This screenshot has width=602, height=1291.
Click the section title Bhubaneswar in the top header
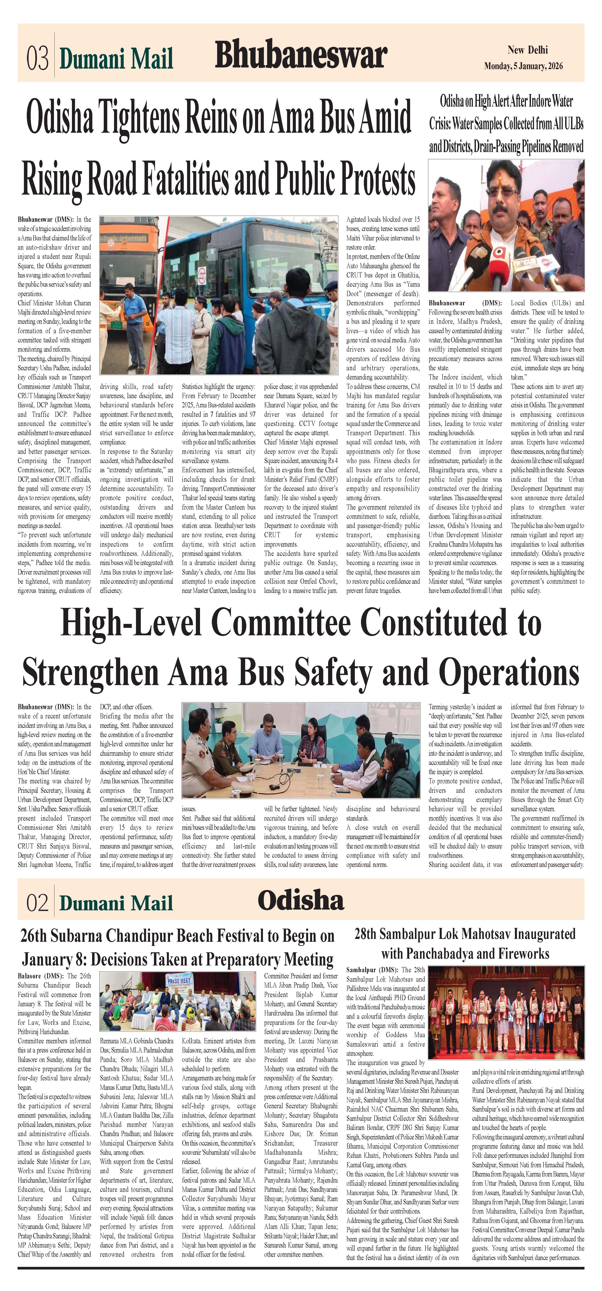coord(301,55)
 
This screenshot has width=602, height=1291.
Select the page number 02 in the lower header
coord(38,903)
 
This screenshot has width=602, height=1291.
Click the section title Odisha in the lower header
coord(301,901)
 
